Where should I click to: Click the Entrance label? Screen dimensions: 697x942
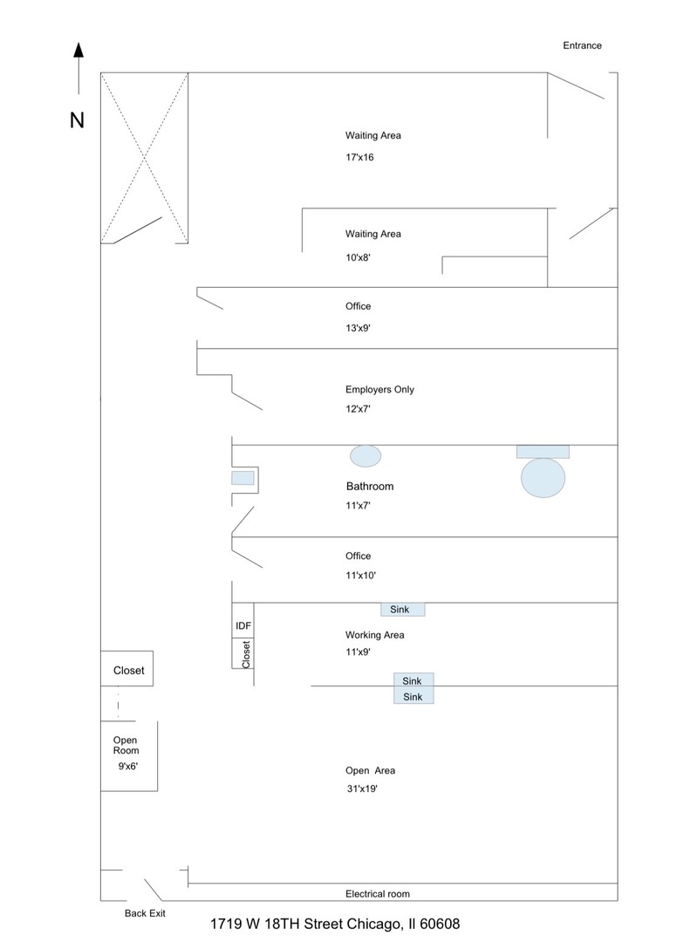pos(582,45)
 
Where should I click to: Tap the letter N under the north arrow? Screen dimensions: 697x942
pos(77,120)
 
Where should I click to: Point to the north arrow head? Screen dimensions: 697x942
pos(79,50)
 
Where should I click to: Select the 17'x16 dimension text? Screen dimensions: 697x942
pos(359,157)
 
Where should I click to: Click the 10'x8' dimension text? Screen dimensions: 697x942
pos(358,257)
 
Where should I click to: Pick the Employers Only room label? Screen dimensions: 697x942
pos(379,389)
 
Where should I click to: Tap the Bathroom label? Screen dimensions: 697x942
pos(370,487)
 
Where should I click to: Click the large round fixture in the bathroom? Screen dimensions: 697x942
pos(543,478)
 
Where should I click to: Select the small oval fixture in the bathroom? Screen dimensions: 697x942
pos(366,456)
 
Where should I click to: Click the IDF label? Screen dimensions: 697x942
pos(243,626)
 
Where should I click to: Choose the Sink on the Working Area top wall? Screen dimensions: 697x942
pos(402,609)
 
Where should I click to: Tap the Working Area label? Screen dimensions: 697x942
pos(374,635)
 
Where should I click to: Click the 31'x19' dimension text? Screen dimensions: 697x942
pos(362,788)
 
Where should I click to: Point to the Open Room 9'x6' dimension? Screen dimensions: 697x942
pos(127,767)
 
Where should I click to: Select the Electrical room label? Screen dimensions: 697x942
pos(378,894)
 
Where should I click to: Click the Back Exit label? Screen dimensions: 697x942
pos(145,913)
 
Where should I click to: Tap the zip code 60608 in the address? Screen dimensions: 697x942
pos(440,924)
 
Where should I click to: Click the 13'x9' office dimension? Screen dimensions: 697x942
pos(358,328)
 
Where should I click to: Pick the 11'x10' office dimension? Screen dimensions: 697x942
pos(360,576)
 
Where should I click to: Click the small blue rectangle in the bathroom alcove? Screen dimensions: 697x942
pos(243,478)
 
